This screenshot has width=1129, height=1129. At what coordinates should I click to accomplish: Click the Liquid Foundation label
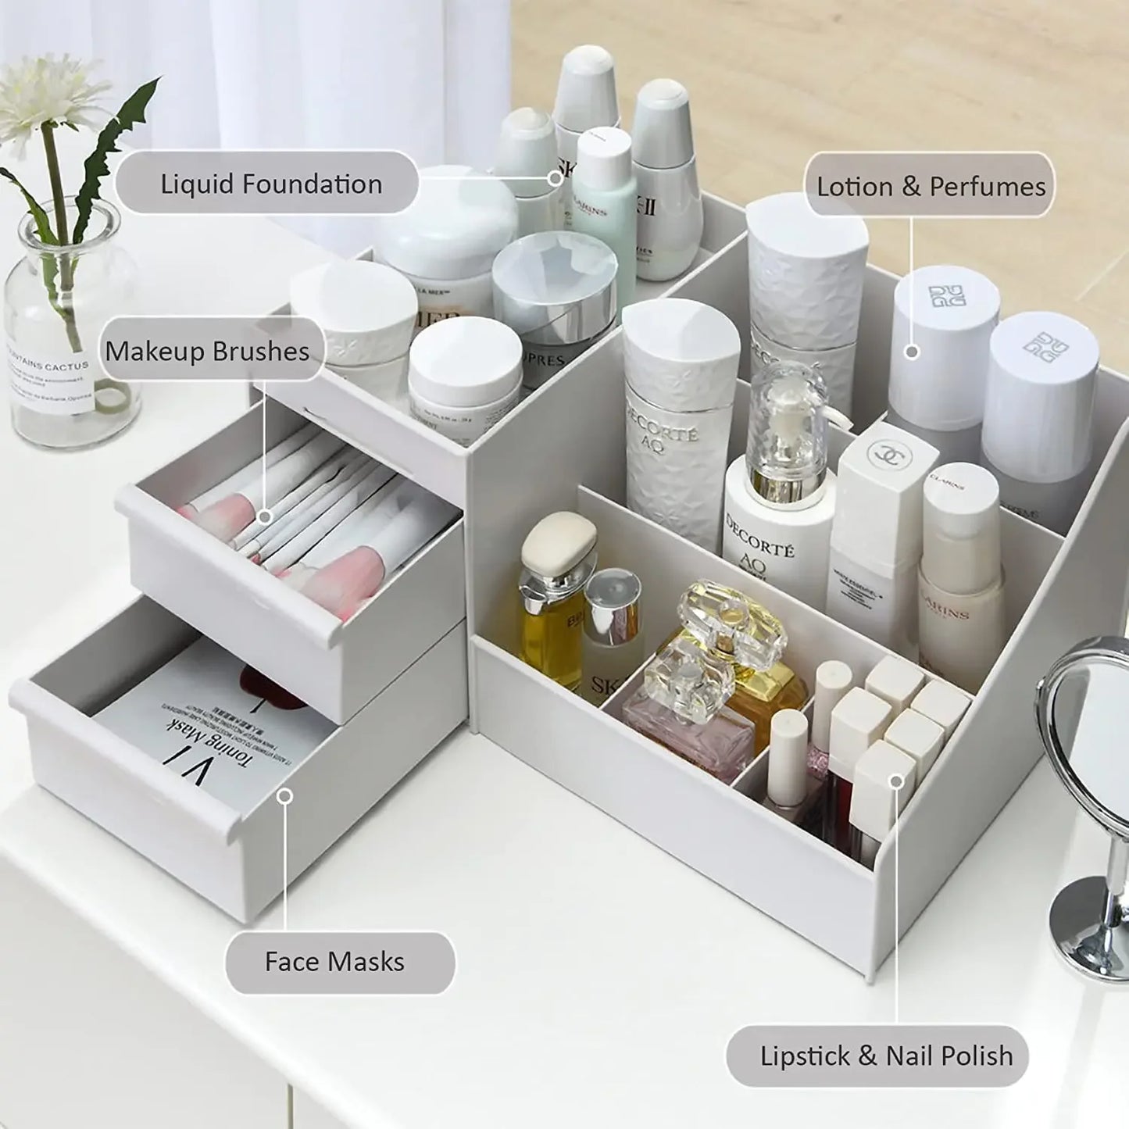[270, 184]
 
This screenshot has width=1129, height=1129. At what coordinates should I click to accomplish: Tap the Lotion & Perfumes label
[930, 186]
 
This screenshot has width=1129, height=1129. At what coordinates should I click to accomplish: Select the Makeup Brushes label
[208, 352]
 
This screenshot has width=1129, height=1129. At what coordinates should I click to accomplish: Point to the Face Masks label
[334, 961]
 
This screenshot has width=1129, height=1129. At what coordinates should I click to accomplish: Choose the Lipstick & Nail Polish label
[886, 1056]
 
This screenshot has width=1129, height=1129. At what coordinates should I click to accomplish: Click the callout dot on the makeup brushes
[265, 516]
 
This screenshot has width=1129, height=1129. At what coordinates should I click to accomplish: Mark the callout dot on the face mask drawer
[285, 795]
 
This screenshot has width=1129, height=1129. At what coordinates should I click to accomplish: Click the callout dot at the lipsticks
[897, 781]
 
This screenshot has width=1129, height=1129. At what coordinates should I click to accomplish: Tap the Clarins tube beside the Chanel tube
[960, 563]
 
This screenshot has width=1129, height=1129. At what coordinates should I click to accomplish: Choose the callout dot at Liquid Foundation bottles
[555, 178]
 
